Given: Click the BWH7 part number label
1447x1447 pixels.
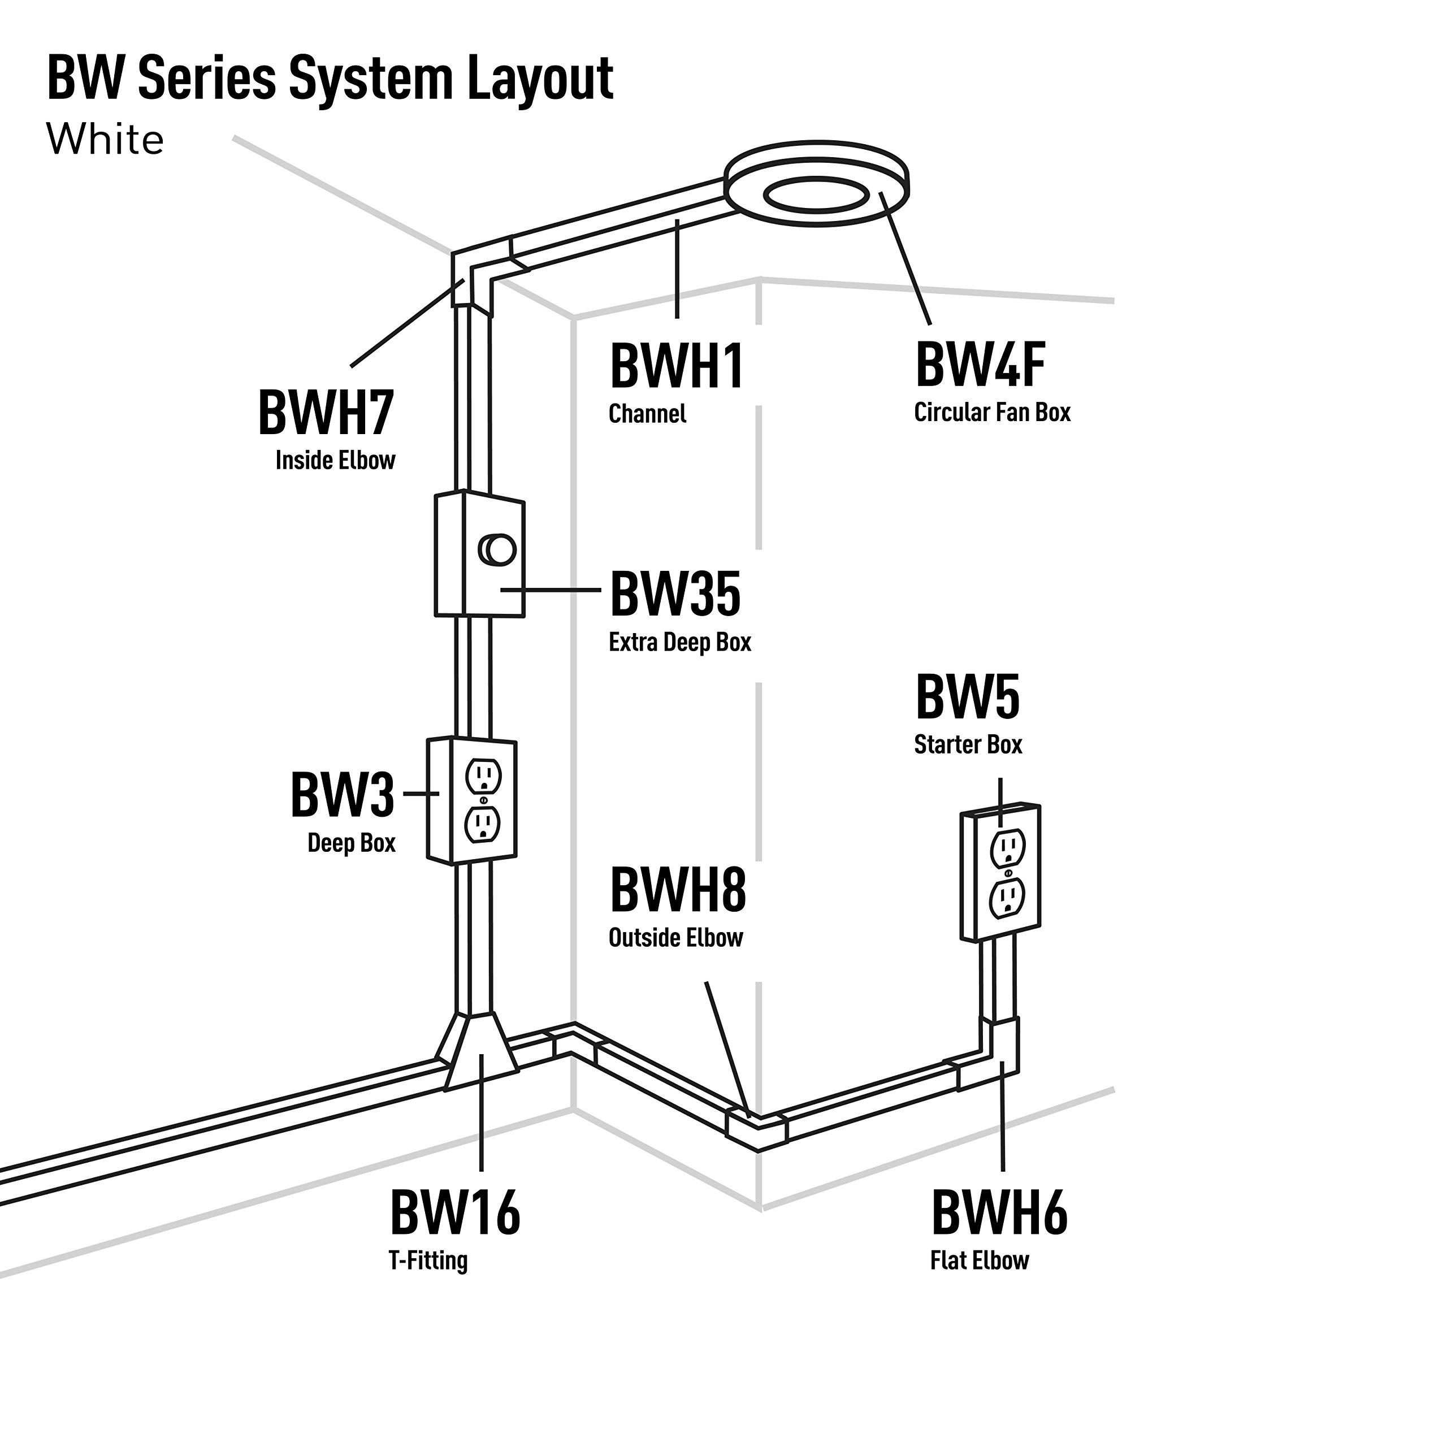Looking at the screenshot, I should pyautogui.click(x=326, y=413).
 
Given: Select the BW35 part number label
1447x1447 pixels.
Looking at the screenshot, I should pyautogui.click(x=675, y=594).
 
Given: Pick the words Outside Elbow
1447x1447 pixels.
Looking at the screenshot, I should pyautogui.click(x=675, y=938).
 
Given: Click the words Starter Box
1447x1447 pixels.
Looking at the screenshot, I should pyautogui.click(x=968, y=744).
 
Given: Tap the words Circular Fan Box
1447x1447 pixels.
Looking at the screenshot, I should pyautogui.click(x=993, y=413).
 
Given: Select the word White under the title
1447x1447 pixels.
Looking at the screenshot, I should pyautogui.click(x=105, y=140).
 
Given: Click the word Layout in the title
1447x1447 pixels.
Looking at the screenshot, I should pyautogui.click(x=540, y=78).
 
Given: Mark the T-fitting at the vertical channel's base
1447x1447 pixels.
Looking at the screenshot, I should pyautogui.click(x=480, y=1052).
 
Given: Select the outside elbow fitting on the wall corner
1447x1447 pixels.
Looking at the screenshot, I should pyautogui.click(x=756, y=1127).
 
